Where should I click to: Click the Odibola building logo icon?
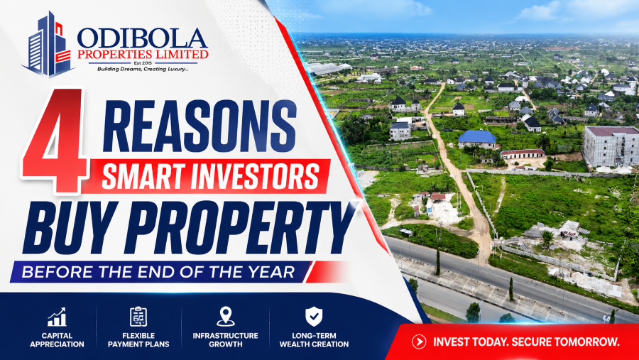pyautogui.click(x=48, y=45)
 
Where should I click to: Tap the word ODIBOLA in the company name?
pyautogui.click(x=143, y=39)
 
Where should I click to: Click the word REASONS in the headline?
pyautogui.click(x=200, y=126)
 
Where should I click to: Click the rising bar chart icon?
pyautogui.click(x=57, y=317)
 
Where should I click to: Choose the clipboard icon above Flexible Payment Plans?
pyautogui.click(x=138, y=317)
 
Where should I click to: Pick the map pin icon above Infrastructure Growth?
pyautogui.click(x=225, y=317)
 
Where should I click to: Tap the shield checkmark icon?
pyautogui.click(x=314, y=317)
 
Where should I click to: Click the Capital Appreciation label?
pyautogui.click(x=57, y=340)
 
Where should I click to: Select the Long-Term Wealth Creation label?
pyautogui.click(x=314, y=340)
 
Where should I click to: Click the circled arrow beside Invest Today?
pyautogui.click(x=418, y=342)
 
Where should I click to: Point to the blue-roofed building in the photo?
pyautogui.click(x=477, y=139)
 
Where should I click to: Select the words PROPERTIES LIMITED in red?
pyautogui.click(x=143, y=55)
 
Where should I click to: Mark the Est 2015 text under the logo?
pyautogui.click(x=143, y=63)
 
